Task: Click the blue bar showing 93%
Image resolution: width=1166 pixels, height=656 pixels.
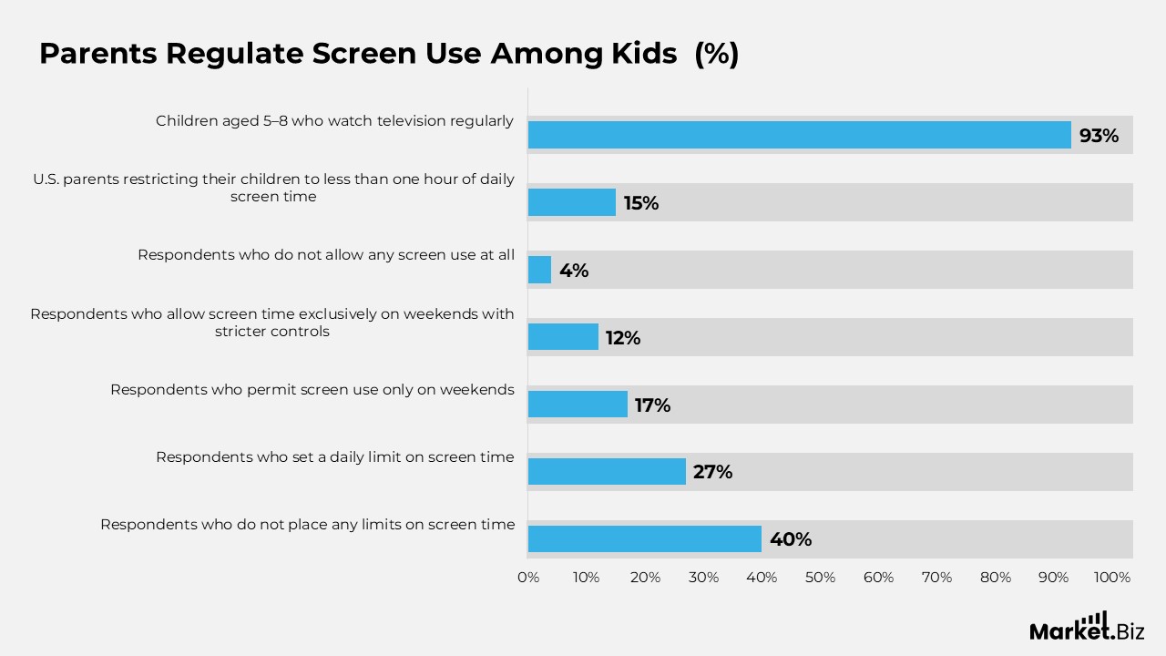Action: click(799, 135)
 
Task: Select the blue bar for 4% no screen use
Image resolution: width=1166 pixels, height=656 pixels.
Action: click(539, 270)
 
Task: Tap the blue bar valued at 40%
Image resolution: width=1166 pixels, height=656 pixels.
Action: click(644, 538)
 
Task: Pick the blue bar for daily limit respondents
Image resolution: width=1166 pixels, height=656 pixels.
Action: click(607, 471)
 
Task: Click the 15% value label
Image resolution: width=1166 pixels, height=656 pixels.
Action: click(641, 203)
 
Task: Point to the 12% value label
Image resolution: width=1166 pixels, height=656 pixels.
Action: click(623, 338)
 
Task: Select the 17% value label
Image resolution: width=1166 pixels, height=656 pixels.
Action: click(652, 405)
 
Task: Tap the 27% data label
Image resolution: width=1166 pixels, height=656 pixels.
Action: click(712, 472)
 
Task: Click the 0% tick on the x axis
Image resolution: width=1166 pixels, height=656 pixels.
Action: click(528, 578)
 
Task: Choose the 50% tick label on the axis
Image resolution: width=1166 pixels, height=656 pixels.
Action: click(820, 578)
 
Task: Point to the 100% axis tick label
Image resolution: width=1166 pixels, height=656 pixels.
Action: click(1111, 578)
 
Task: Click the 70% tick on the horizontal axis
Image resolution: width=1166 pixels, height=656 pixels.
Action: click(936, 578)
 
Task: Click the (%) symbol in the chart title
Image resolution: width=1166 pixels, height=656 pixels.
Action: click(716, 55)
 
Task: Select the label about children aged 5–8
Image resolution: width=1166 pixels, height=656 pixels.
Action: click(334, 120)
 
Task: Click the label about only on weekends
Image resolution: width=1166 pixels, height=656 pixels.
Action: click(312, 390)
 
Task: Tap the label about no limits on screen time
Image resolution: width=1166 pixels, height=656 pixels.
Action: click(307, 525)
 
